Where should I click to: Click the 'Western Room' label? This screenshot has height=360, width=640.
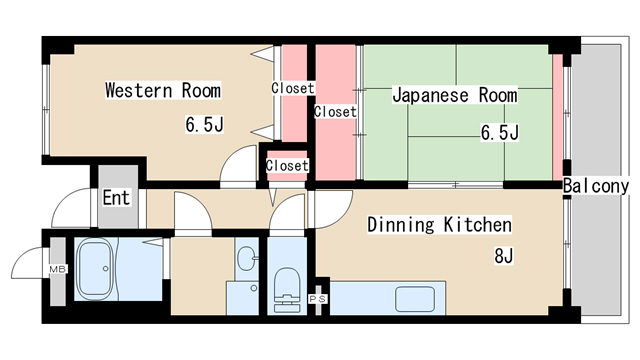click(x=163, y=91)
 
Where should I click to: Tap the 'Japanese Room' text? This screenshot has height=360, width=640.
click(x=454, y=96)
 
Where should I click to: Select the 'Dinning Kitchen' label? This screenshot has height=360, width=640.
click(x=439, y=225)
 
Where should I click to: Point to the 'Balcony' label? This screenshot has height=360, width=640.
click(x=595, y=186)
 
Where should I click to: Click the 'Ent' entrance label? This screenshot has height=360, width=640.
click(x=116, y=197)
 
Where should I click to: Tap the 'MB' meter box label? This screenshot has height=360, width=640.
click(x=57, y=270)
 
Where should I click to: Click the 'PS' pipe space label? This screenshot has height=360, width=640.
click(x=318, y=298)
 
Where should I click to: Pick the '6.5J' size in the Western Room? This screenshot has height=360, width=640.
click(x=203, y=126)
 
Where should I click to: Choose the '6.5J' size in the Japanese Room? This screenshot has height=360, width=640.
click(x=499, y=132)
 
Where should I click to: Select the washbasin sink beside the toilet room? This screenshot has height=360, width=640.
click(x=246, y=258)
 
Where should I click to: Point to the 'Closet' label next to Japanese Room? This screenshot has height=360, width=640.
click(x=335, y=112)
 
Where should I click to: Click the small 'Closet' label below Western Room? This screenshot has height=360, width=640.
click(x=287, y=165)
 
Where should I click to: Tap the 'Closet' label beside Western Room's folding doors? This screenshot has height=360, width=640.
click(x=293, y=88)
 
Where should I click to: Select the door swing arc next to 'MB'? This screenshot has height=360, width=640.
click(x=27, y=266)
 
